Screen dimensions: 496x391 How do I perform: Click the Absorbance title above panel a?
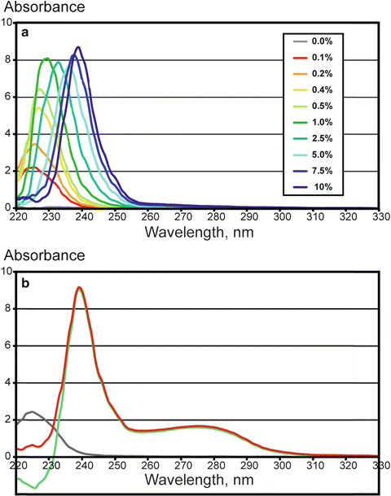37,9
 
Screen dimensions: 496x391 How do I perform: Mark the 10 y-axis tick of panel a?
7,23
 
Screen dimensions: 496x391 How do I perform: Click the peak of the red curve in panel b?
79,287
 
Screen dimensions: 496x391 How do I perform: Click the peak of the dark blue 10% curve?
78,47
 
